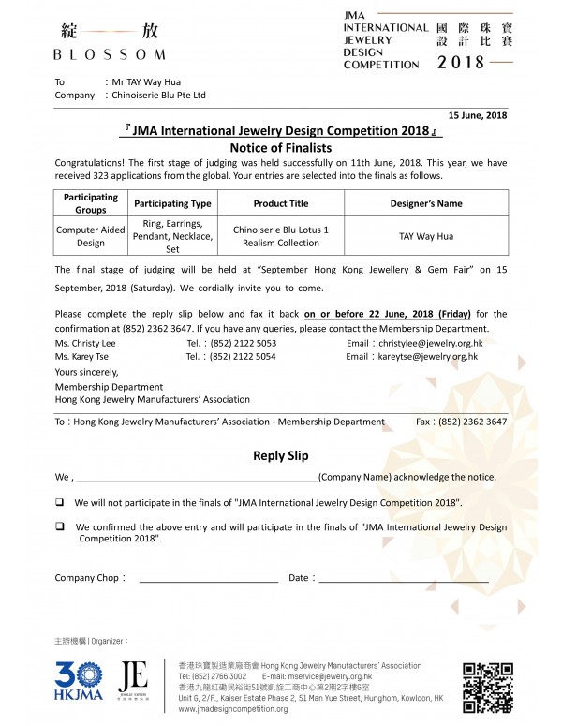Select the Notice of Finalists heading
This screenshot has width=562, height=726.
pyautogui.click(x=281, y=148)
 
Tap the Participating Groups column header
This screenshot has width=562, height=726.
pyautogui.click(x=91, y=203)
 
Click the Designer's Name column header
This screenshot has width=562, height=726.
pyautogui.click(x=425, y=203)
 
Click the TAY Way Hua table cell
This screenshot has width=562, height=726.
pyautogui.click(x=425, y=237)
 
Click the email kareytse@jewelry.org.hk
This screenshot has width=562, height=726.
pyautogui.click(x=429, y=357)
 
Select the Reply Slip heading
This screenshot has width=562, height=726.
pyautogui.click(x=281, y=456)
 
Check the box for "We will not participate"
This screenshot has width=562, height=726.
pyautogui.click(x=60, y=502)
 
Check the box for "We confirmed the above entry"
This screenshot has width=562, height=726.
pyautogui.click(x=60, y=526)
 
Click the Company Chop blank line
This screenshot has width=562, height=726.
pyautogui.click(x=208, y=580)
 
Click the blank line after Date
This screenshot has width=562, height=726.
pyautogui.click(x=403, y=580)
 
